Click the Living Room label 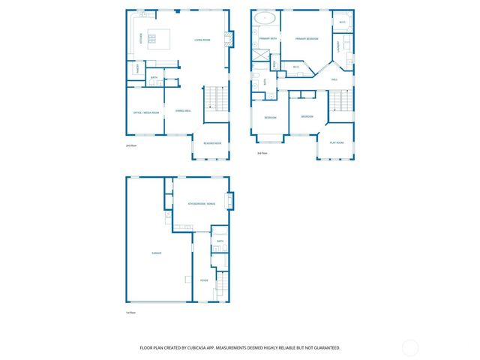pyautogui.click(x=202, y=40)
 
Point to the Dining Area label pyautogui.click(x=182, y=112)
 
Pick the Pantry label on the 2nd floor pyautogui.click(x=138, y=69)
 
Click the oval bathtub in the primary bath pyautogui.click(x=265, y=19)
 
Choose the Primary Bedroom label pyautogui.click(x=307, y=38)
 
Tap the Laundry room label pyautogui.click(x=338, y=46)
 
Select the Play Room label pyautogui.click(x=337, y=142)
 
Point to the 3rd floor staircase pyautogui.click(x=341, y=100)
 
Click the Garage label pyautogui.click(x=157, y=253)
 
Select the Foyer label pyautogui.click(x=203, y=280)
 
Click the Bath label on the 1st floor pyautogui.click(x=220, y=241)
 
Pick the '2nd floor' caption pyautogui.click(x=131, y=146)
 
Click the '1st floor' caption pyautogui.click(x=130, y=312)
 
